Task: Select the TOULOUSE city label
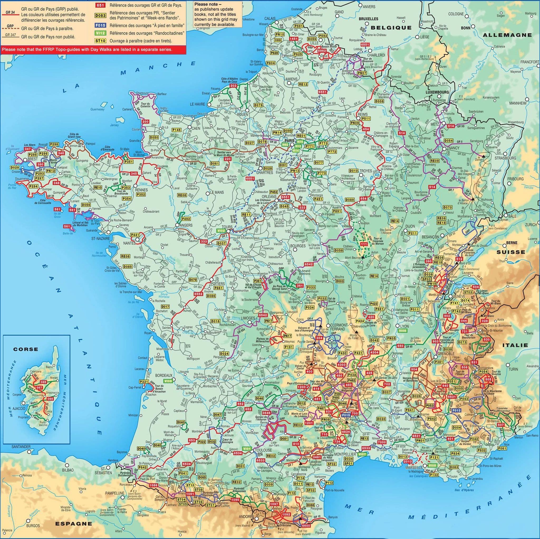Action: click(x=263, y=450)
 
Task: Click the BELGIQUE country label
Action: click(x=391, y=27)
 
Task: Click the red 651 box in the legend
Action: click(x=100, y=5)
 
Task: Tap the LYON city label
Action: click(x=404, y=326)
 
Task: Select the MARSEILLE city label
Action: click(x=415, y=468)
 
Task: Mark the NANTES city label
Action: click(x=129, y=243)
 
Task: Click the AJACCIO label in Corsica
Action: click(x=18, y=408)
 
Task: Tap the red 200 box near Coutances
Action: click(x=145, y=121)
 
